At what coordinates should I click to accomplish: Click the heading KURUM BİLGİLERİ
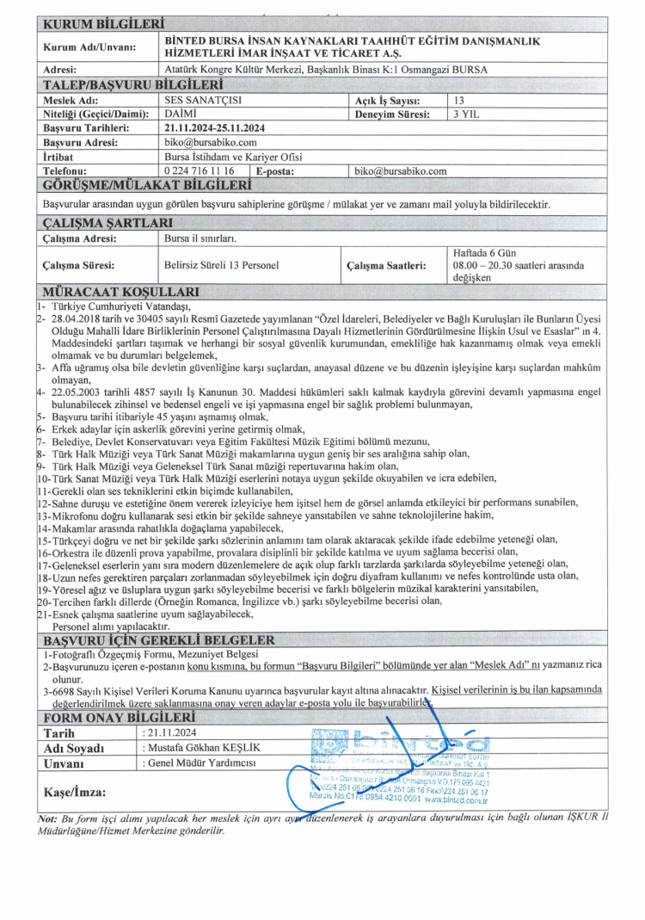tap(102, 23)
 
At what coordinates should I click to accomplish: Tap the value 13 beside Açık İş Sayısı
tap(458, 101)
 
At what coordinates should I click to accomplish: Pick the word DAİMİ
tap(180, 114)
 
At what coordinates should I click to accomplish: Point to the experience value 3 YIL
tap(465, 114)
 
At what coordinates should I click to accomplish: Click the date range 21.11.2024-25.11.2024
tap(215, 127)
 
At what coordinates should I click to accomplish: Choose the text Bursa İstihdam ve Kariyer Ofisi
tap(233, 157)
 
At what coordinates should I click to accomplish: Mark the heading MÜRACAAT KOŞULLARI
tap(121, 292)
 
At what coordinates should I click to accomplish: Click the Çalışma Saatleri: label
tap(385, 266)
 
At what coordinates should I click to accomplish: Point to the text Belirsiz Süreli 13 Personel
tap(221, 266)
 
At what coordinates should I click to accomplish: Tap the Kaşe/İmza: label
tap(75, 791)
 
